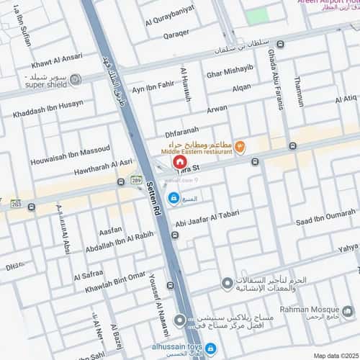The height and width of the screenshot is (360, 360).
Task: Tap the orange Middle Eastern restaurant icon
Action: [x=240, y=147]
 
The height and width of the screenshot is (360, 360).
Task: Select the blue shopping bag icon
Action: [x=174, y=197]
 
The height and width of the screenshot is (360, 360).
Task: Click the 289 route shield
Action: [x=136, y=180]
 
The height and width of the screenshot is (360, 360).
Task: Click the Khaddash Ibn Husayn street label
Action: [x=48, y=109]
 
